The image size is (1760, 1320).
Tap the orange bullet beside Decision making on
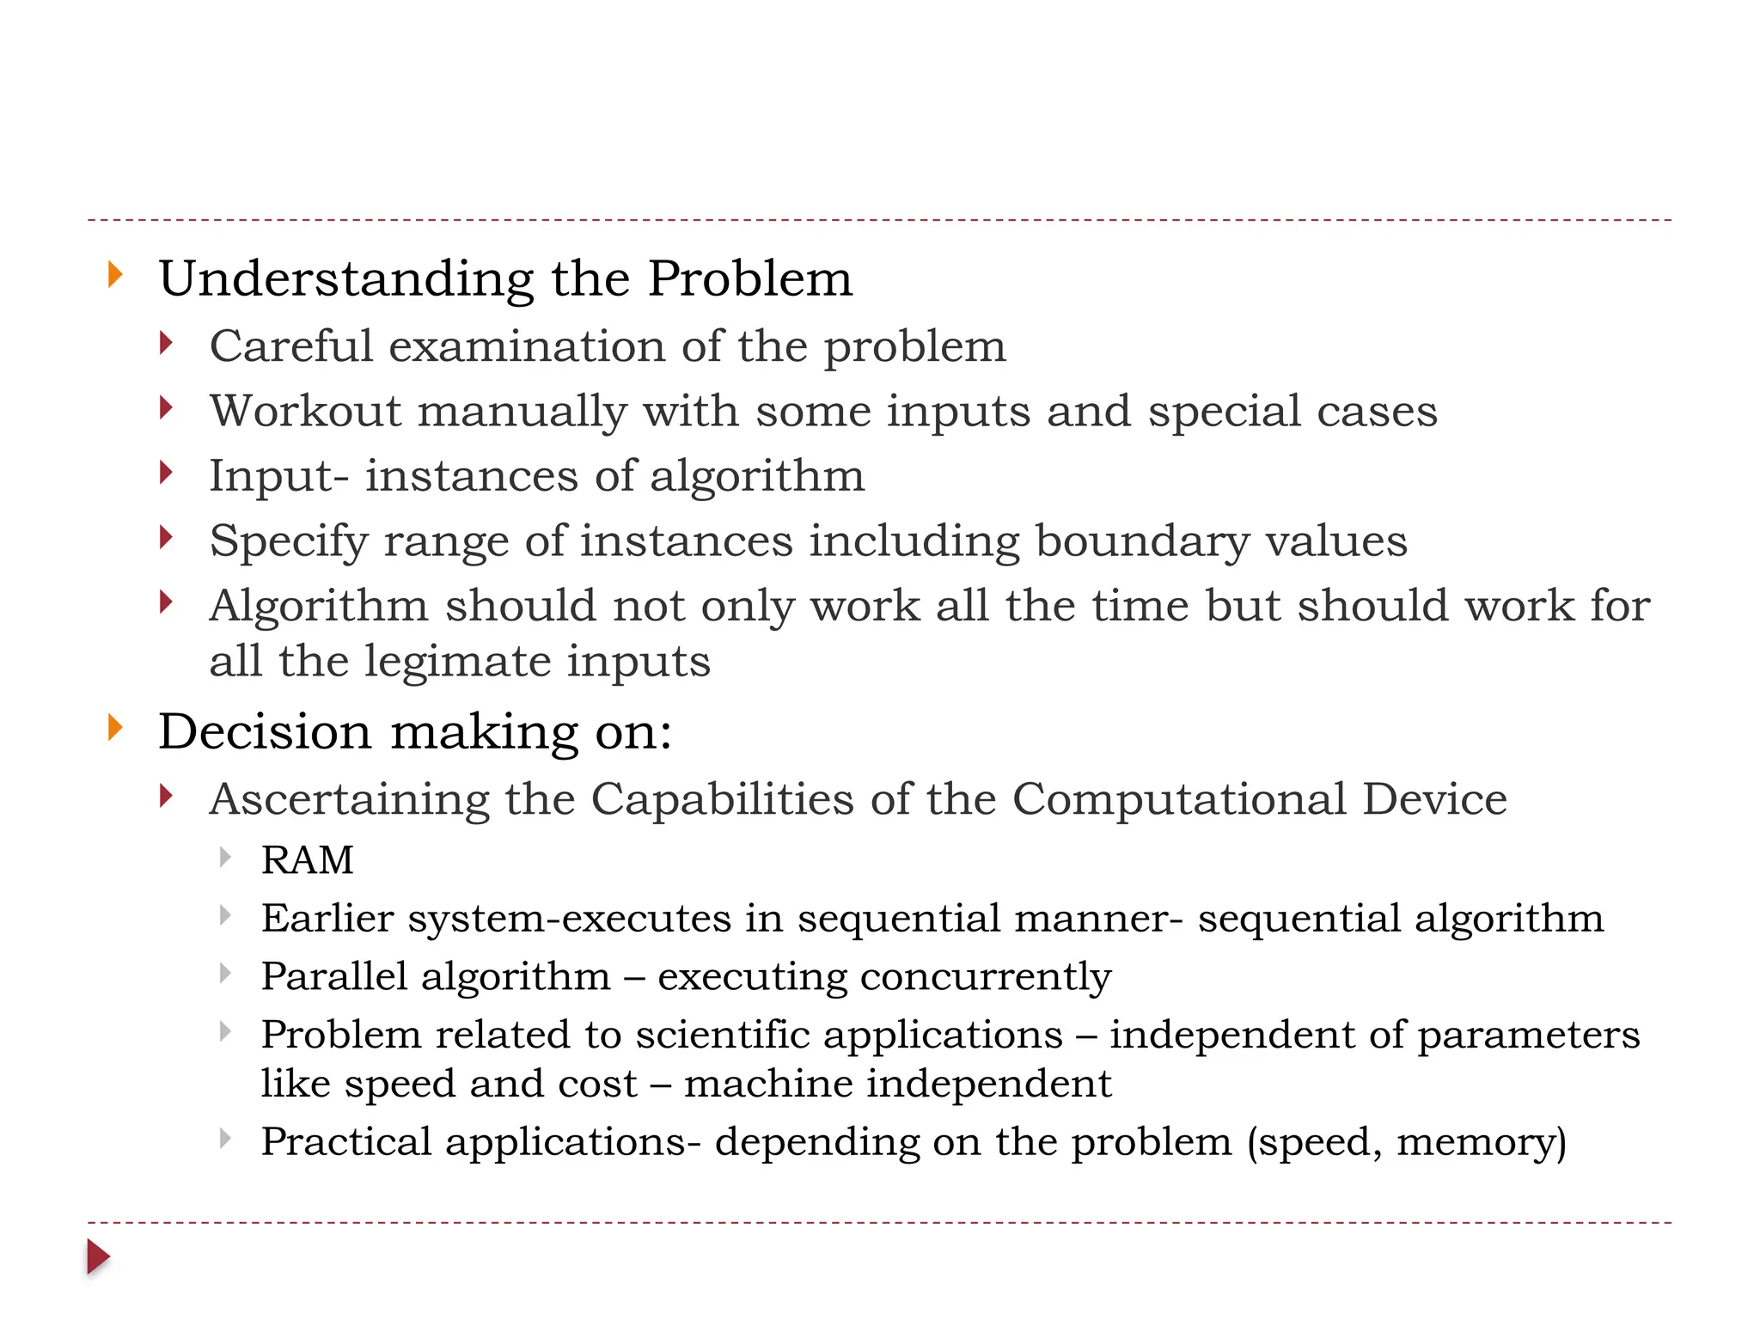pos(115,728)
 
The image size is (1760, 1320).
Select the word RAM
pos(307,860)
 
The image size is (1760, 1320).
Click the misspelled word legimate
pos(457,663)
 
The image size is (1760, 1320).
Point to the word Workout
pos(305,411)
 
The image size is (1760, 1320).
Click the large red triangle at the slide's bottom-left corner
pos(98,1257)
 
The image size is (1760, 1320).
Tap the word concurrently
pos(985,977)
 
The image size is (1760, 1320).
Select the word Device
pos(1434,799)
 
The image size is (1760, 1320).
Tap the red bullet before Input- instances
pos(166,473)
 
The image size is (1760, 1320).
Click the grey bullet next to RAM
pos(225,857)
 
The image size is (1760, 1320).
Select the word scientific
pos(722,1034)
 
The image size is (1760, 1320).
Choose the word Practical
pos(345,1142)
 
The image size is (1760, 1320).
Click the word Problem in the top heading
pos(749,279)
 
